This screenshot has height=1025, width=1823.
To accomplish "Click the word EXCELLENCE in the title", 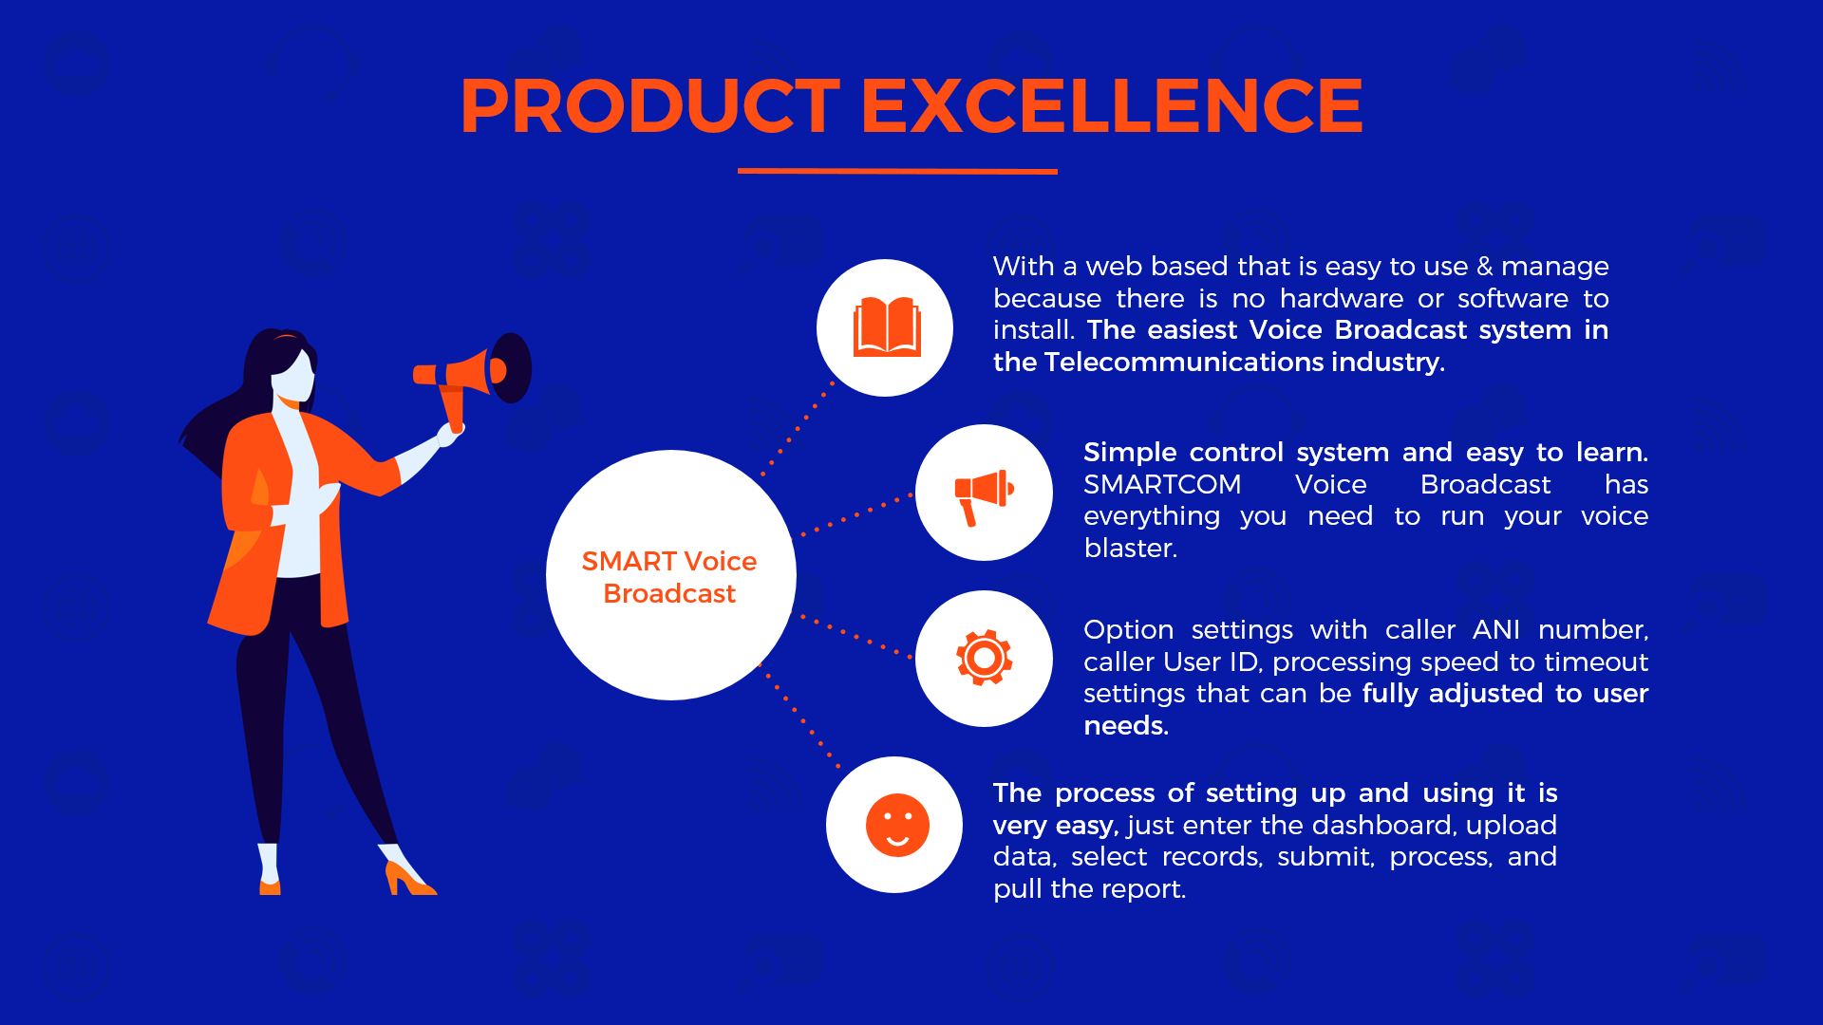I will (1112, 105).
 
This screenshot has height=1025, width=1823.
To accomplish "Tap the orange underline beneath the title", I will (897, 171).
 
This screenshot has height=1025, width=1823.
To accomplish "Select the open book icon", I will (887, 327).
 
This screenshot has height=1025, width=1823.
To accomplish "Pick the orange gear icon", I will (985, 658).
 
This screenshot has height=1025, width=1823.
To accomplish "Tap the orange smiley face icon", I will (897, 825).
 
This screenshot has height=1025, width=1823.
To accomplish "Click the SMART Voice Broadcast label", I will (669, 577).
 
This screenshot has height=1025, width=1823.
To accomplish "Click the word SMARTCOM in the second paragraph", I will (1162, 485).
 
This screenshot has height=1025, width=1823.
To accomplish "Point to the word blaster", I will (1130, 549).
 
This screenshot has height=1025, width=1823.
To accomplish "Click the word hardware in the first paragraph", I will (1341, 299).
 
